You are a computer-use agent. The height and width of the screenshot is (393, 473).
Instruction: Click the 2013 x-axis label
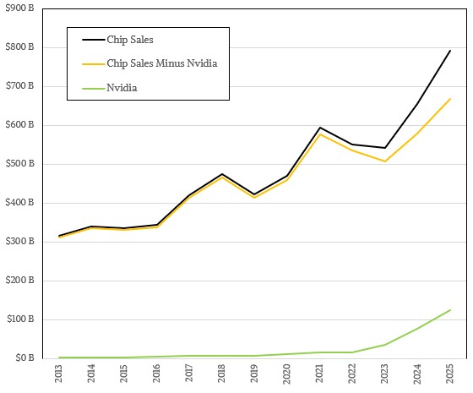point(59,375)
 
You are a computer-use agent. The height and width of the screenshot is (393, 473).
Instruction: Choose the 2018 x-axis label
point(222,375)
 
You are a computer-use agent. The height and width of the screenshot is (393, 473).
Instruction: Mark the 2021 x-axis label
point(319,375)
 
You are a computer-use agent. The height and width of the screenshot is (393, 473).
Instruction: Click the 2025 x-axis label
point(449,375)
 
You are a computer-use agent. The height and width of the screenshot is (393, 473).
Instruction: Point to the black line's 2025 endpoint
point(449,51)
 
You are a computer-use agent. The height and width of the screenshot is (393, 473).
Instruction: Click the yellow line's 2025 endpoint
point(449,99)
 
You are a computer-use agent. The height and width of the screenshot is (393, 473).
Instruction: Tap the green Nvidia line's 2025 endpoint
point(449,310)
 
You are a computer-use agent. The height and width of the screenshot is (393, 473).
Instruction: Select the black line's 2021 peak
point(319,128)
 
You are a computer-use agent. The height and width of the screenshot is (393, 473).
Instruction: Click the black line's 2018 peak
point(222,174)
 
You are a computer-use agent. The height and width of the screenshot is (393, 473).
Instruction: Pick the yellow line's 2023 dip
point(384,161)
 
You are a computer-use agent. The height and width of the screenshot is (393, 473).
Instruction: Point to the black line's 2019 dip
point(254,194)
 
